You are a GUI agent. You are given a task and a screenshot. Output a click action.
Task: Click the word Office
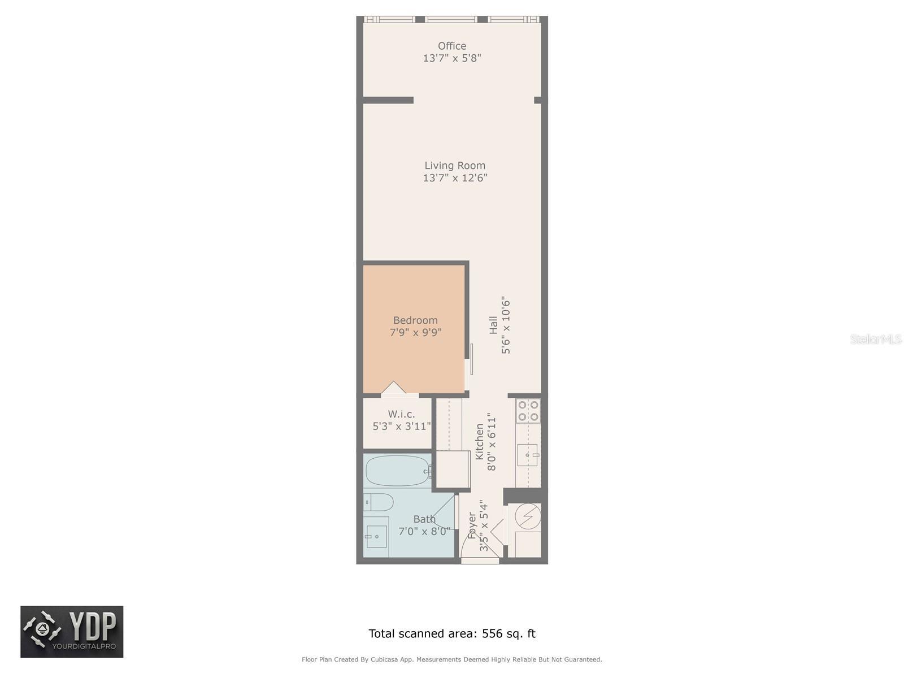[x=452, y=46]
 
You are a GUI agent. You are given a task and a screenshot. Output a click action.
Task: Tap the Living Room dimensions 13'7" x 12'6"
[x=455, y=178]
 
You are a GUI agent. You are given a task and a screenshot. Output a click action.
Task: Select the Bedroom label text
[x=415, y=320]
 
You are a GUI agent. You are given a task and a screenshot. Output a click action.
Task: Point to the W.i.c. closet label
[x=401, y=414]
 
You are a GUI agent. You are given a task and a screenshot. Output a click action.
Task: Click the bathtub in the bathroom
[x=397, y=471]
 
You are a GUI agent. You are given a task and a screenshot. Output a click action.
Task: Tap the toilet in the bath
[x=378, y=502]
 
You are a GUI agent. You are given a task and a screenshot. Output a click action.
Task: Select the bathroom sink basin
[x=376, y=536]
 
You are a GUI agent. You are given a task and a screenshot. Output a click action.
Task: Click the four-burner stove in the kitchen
[x=528, y=411]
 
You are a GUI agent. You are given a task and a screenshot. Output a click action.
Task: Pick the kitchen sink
[x=528, y=455]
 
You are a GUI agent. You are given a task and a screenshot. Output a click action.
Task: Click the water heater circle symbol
[x=528, y=516]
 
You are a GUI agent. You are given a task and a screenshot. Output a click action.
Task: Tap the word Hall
[x=493, y=325]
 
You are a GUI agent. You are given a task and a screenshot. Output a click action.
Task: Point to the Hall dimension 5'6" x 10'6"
[x=505, y=325]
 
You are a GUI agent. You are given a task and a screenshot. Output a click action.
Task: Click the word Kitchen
[x=479, y=442]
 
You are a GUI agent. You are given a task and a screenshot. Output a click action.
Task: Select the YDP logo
[x=72, y=632]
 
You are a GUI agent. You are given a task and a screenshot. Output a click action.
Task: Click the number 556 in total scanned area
[x=492, y=633]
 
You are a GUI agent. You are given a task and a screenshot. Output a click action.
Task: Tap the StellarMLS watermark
[x=876, y=339]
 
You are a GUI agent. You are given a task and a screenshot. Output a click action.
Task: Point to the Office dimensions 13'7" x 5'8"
[x=452, y=58]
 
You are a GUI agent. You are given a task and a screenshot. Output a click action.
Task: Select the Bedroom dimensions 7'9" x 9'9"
[x=415, y=332]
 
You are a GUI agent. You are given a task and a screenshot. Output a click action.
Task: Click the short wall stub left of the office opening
[x=388, y=100]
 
